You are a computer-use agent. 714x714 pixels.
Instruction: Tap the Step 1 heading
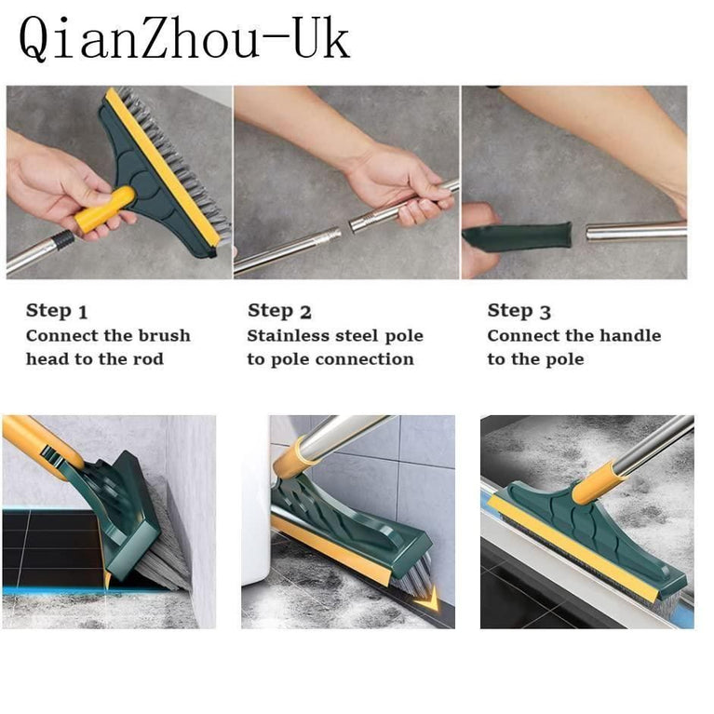(57, 311)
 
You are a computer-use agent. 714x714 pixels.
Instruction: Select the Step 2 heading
(279, 311)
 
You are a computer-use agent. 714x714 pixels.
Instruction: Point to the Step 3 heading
(519, 311)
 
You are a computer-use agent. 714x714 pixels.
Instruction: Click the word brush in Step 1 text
(164, 336)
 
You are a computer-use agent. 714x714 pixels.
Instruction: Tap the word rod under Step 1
(148, 359)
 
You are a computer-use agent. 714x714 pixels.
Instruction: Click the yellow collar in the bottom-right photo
(597, 487)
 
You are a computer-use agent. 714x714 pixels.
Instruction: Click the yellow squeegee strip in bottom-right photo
(577, 549)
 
